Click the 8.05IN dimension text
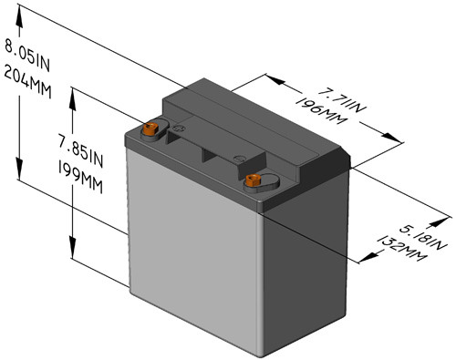pos(26,57)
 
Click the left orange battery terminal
pos(151,130)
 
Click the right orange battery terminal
pos(251,180)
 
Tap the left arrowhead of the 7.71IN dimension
pos(273,79)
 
